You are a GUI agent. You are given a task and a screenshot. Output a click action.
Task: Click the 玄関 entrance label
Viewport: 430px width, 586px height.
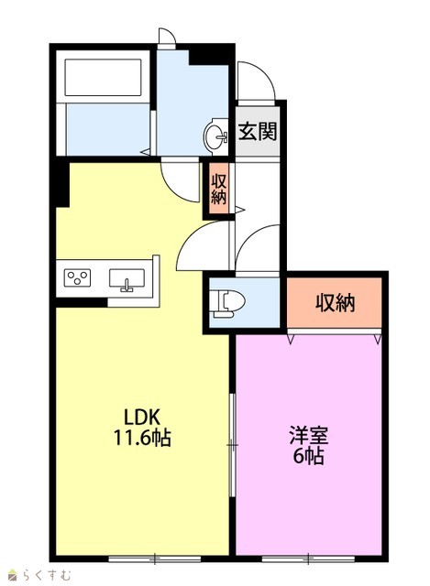(258, 131)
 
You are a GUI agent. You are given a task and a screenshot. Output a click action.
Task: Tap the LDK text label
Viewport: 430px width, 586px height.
(142, 418)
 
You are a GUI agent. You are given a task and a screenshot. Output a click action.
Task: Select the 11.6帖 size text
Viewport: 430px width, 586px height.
(142, 438)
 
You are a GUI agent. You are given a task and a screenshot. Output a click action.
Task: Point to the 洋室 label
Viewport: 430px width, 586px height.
(309, 435)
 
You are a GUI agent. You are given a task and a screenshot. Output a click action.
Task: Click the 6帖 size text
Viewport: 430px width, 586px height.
(309, 455)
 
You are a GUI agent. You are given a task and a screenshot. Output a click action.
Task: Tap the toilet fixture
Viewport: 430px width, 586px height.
(227, 300)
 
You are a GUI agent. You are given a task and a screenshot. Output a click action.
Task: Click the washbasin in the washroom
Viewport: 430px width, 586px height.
(216, 136)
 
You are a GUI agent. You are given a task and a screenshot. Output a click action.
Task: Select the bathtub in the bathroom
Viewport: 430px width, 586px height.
(104, 77)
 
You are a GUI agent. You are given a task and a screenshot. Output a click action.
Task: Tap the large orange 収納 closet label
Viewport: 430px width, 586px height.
(335, 303)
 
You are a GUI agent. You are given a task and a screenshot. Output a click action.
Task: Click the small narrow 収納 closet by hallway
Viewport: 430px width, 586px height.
(218, 190)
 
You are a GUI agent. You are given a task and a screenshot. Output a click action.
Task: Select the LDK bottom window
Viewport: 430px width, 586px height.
(155, 559)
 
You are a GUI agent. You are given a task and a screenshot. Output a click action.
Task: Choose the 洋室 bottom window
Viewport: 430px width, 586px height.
(308, 559)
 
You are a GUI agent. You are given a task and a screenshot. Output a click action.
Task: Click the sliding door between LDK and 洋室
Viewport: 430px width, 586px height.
(232, 445)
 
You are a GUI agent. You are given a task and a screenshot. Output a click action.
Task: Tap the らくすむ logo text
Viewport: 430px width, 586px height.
(46, 574)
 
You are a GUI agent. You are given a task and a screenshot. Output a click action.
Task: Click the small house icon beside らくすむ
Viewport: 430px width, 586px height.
(12, 574)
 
